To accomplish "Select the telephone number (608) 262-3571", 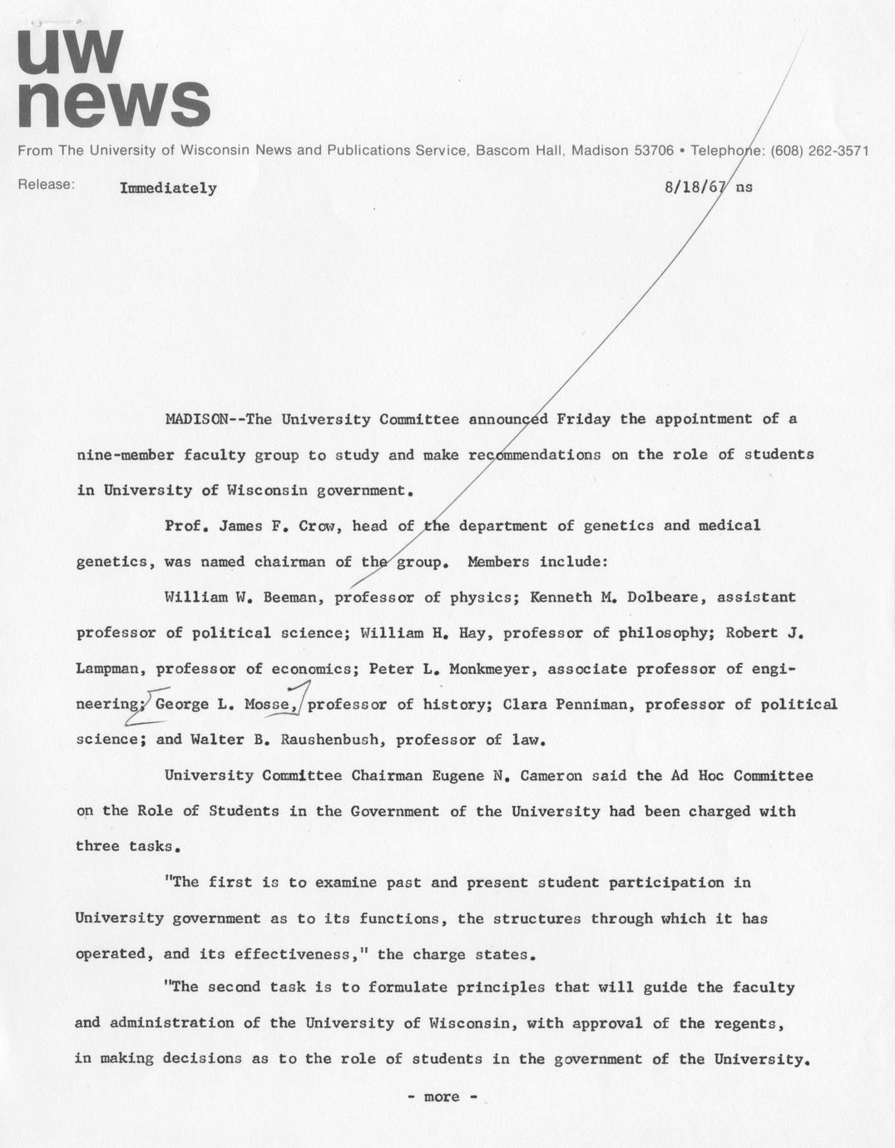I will pyautogui.click(x=819, y=151).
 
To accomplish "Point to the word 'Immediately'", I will pyautogui.click(x=168, y=188).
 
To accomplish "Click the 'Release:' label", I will pyautogui.click(x=47, y=185).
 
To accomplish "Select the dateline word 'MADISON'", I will pyautogui.click(x=197, y=419).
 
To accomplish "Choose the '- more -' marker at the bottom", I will pyautogui.click(x=442, y=1096).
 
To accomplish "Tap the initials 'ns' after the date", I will pyautogui.click(x=744, y=187).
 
